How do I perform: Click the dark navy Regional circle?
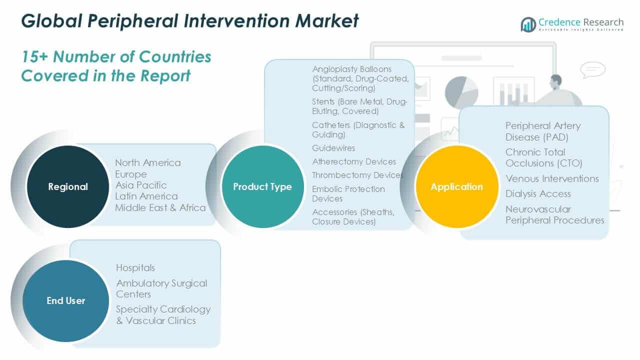[x=67, y=186]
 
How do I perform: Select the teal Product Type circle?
[x=262, y=186]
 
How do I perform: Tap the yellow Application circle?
[x=457, y=186]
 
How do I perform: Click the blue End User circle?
[x=65, y=300]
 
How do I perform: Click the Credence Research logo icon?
[x=528, y=24]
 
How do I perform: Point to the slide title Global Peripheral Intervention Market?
[x=190, y=21]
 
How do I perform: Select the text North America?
[x=148, y=162]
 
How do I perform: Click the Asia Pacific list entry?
[x=141, y=185]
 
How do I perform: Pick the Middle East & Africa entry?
[x=160, y=207]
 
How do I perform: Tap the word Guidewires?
[x=333, y=148]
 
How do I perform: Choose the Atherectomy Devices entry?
[x=354, y=161]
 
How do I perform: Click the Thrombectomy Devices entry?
[x=357, y=175]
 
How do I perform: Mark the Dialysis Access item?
[x=538, y=193]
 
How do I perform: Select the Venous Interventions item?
[x=552, y=178]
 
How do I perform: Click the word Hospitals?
[x=135, y=267]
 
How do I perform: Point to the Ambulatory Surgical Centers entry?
[x=161, y=288]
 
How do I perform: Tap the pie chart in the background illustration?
[x=461, y=92]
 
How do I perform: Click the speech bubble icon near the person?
[x=592, y=69]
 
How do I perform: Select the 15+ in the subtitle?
[x=34, y=57]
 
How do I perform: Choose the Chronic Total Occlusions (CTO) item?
[x=543, y=157]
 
